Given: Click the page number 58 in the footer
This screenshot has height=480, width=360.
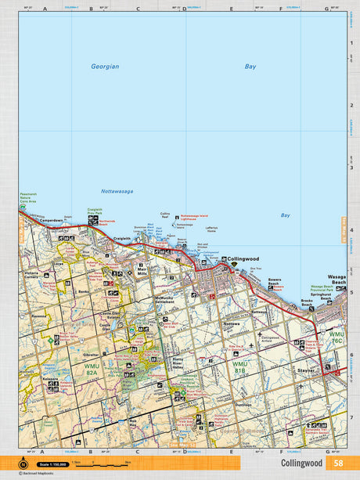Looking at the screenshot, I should [337, 463].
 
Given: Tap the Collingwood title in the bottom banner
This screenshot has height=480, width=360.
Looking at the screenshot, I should [302, 463].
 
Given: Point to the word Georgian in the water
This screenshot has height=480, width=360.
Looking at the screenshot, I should [104, 67].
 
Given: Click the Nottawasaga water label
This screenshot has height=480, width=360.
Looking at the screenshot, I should [117, 191].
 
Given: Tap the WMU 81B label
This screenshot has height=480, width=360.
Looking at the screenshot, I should [239, 367].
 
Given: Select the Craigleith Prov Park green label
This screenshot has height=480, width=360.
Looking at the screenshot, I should [94, 211].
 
